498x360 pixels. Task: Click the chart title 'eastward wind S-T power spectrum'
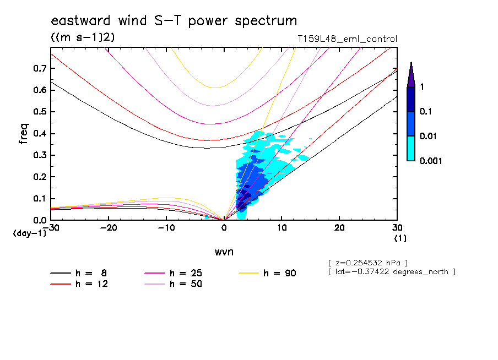tap(174, 21)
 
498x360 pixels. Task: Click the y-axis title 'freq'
tap(24, 134)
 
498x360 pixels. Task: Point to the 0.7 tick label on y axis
tap(39, 68)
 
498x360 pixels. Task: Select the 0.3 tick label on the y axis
tap(39, 155)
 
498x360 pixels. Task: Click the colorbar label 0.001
tap(431, 161)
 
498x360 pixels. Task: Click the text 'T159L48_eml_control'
tap(347, 39)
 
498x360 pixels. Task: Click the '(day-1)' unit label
tap(29, 233)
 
